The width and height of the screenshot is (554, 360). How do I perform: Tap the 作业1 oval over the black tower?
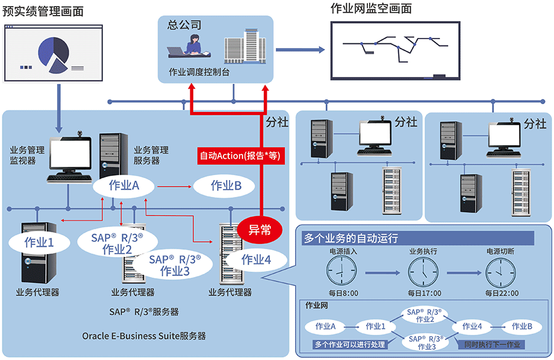(x=39, y=243)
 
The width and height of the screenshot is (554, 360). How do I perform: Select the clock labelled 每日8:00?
(x=343, y=273)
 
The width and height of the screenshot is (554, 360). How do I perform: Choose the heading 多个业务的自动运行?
(x=351, y=238)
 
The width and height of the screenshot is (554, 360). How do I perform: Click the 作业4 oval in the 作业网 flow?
(x=472, y=326)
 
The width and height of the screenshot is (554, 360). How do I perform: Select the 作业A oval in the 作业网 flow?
(x=326, y=326)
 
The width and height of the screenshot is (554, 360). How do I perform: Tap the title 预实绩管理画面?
(x=43, y=11)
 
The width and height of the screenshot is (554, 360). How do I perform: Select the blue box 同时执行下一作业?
(x=491, y=345)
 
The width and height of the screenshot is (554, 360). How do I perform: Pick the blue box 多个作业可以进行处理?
(x=350, y=345)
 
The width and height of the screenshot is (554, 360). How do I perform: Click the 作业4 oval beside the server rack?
(x=256, y=259)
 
